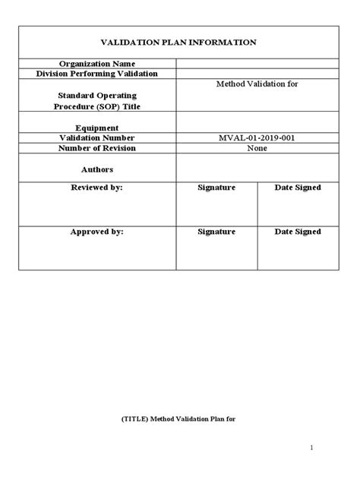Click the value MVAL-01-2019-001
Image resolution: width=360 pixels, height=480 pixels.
click(x=257, y=138)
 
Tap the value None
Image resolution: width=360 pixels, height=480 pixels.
click(x=257, y=148)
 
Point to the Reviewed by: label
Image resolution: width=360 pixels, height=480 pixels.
click(x=96, y=188)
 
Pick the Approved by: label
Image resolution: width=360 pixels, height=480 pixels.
click(x=96, y=232)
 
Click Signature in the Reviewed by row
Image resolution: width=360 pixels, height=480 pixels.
click(x=216, y=188)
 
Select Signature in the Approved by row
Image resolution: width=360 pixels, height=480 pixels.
click(x=216, y=232)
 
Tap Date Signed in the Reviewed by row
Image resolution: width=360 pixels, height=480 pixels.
click(x=298, y=188)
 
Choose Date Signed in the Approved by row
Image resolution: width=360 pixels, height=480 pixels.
click(x=298, y=232)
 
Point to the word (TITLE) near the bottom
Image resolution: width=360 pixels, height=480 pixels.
click(x=134, y=417)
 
